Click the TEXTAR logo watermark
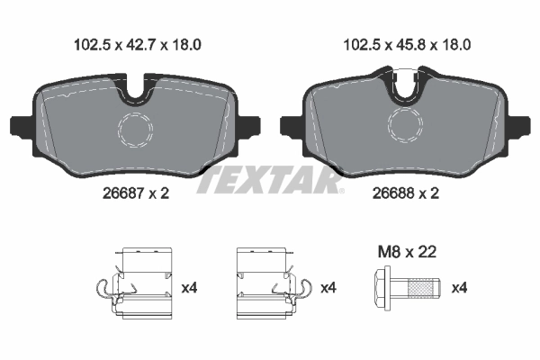pyautogui.click(x=269, y=179)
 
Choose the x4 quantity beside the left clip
pyautogui.click(x=189, y=288)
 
